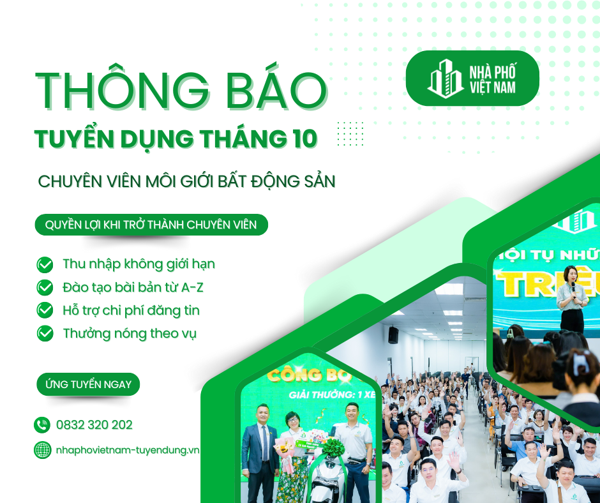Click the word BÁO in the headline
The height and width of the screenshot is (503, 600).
[280, 91]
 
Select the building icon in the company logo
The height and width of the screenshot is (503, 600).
[446, 80]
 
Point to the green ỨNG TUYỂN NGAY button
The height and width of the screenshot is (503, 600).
[88, 384]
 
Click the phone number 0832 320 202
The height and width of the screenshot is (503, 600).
[94, 425]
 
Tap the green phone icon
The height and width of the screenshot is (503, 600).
[42, 425]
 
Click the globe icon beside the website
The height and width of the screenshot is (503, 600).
[42, 450]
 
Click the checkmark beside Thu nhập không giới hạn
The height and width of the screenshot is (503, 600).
[45, 264]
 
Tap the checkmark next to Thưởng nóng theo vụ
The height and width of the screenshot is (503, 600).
[45, 333]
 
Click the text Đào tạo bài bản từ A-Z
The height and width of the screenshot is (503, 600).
[133, 287]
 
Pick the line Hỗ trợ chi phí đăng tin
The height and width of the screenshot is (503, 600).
[131, 310]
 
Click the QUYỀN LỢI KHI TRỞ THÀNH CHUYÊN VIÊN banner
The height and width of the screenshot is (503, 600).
[151, 225]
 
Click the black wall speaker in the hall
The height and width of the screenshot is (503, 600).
[393, 335]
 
